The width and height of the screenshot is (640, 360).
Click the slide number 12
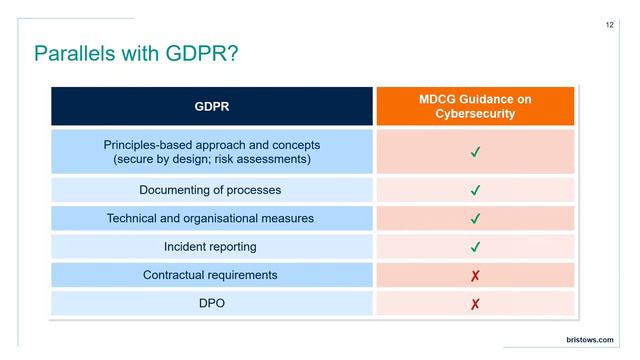(x=610, y=25)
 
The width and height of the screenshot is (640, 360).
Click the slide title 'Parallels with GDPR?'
(x=135, y=53)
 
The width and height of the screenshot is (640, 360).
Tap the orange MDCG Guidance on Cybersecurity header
(x=475, y=106)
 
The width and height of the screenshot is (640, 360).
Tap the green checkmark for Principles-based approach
(x=475, y=152)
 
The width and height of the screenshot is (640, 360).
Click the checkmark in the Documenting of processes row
(x=475, y=190)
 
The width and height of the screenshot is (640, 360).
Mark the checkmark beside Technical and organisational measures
(x=475, y=218)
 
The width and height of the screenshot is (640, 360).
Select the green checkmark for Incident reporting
(x=475, y=246)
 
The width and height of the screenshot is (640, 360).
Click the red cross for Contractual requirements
(x=475, y=275)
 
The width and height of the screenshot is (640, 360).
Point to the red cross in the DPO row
(x=475, y=303)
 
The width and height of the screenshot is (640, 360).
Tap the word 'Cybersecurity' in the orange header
(x=475, y=114)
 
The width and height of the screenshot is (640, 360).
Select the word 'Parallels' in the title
(x=72, y=53)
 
